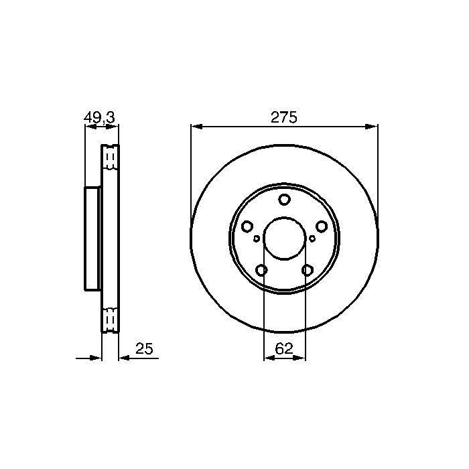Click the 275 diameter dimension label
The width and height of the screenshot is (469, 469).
[x=284, y=117]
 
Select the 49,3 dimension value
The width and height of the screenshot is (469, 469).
[x=99, y=117]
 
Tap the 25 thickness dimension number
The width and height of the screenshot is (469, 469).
[x=144, y=348]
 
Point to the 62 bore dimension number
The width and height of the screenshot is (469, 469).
[x=283, y=348]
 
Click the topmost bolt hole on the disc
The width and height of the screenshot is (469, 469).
[x=284, y=200]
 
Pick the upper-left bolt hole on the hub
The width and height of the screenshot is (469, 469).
[x=247, y=226]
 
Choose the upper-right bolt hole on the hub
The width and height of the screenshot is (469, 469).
[x=322, y=226]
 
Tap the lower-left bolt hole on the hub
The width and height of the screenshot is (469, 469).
[x=261, y=270]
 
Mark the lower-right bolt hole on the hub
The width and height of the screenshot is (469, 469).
[x=307, y=270]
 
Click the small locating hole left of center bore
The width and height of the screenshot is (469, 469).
[x=257, y=239]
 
